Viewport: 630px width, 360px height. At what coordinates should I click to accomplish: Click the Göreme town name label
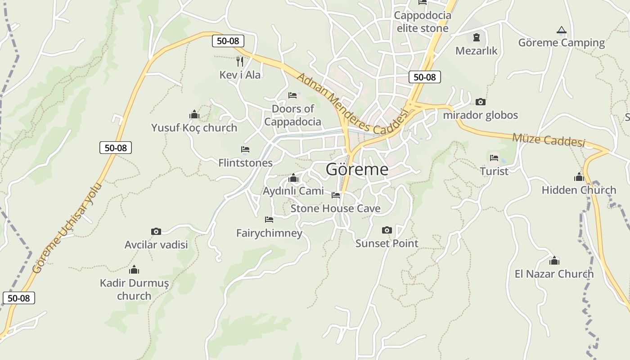[x=357, y=169]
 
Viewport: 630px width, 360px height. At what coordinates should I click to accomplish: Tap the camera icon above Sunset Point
[x=387, y=230]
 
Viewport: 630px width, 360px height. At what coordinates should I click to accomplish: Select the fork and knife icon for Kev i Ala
[x=240, y=61]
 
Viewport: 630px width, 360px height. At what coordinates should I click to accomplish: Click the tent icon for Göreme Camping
[x=561, y=30]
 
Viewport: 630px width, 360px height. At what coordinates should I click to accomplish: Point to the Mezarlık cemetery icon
[x=477, y=37]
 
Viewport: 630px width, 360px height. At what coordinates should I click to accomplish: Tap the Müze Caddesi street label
[x=549, y=140]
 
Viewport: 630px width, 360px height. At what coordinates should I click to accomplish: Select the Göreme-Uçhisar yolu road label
[x=67, y=228]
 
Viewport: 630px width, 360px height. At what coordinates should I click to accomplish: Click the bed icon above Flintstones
[x=245, y=149]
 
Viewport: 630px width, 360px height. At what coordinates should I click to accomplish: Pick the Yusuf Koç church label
[x=194, y=128]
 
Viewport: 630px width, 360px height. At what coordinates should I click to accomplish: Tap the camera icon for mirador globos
[x=481, y=102]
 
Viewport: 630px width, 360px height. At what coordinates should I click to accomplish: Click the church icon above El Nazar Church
[x=554, y=261]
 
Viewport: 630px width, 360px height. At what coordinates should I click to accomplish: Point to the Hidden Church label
[x=579, y=190]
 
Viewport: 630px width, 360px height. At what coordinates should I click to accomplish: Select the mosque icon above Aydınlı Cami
[x=293, y=178]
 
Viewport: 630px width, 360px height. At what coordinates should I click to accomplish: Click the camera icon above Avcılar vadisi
[x=156, y=232]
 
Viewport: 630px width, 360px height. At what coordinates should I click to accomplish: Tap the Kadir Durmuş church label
[x=134, y=289]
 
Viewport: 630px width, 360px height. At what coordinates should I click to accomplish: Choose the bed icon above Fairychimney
[x=269, y=220]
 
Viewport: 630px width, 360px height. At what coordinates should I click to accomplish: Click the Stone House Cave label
[x=335, y=208]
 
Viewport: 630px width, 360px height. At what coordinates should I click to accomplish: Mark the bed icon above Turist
[x=494, y=158]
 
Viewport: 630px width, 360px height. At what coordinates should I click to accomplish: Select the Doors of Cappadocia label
[x=292, y=115]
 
